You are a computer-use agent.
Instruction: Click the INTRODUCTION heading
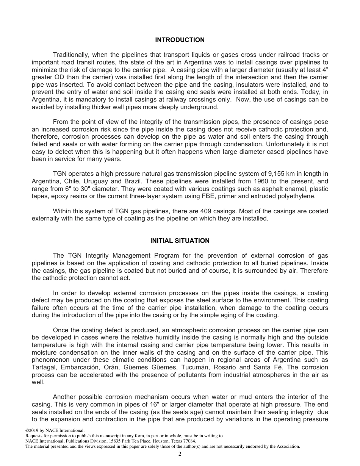(x=180, y=40)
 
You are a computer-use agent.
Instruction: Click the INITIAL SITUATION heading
(x=180, y=241)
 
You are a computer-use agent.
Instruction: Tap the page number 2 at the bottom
(x=180, y=454)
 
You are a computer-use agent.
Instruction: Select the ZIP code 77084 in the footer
(x=188, y=441)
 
